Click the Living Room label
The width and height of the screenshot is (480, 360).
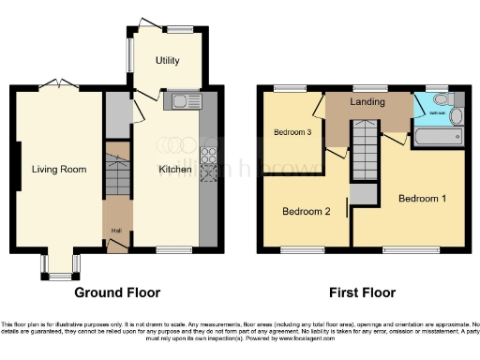pyautogui.click(x=60, y=170)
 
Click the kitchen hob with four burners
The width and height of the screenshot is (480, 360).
pyautogui.click(x=208, y=156)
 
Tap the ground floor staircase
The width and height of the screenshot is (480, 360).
pyautogui.click(x=117, y=174)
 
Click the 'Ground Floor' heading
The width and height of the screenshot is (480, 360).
pyautogui.click(x=117, y=292)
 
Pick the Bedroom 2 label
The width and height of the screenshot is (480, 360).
pyautogui.click(x=307, y=211)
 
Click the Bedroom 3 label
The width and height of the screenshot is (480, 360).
pyautogui.click(x=292, y=132)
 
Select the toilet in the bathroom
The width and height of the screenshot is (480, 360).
pyautogui.click(x=456, y=115)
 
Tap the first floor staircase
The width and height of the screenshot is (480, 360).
pyautogui.click(x=366, y=150)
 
